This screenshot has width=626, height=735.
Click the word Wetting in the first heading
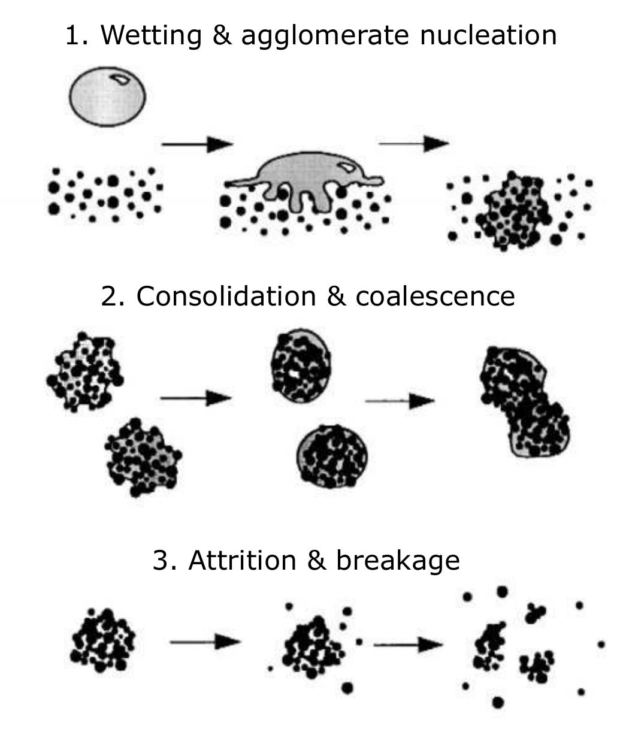coord(151,35)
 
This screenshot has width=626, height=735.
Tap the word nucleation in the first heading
coord(488,35)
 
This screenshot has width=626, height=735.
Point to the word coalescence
coord(435,296)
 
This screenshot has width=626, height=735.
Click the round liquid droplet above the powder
coord(108,96)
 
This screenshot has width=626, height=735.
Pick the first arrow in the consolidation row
coord(195,398)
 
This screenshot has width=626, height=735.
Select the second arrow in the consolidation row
coord(400,401)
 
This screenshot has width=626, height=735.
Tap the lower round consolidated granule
coord(332,456)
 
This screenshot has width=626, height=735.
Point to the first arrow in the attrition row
coord(205,642)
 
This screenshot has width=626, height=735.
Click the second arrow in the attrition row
coord(408,645)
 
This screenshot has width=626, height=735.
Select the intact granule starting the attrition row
coord(102,641)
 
